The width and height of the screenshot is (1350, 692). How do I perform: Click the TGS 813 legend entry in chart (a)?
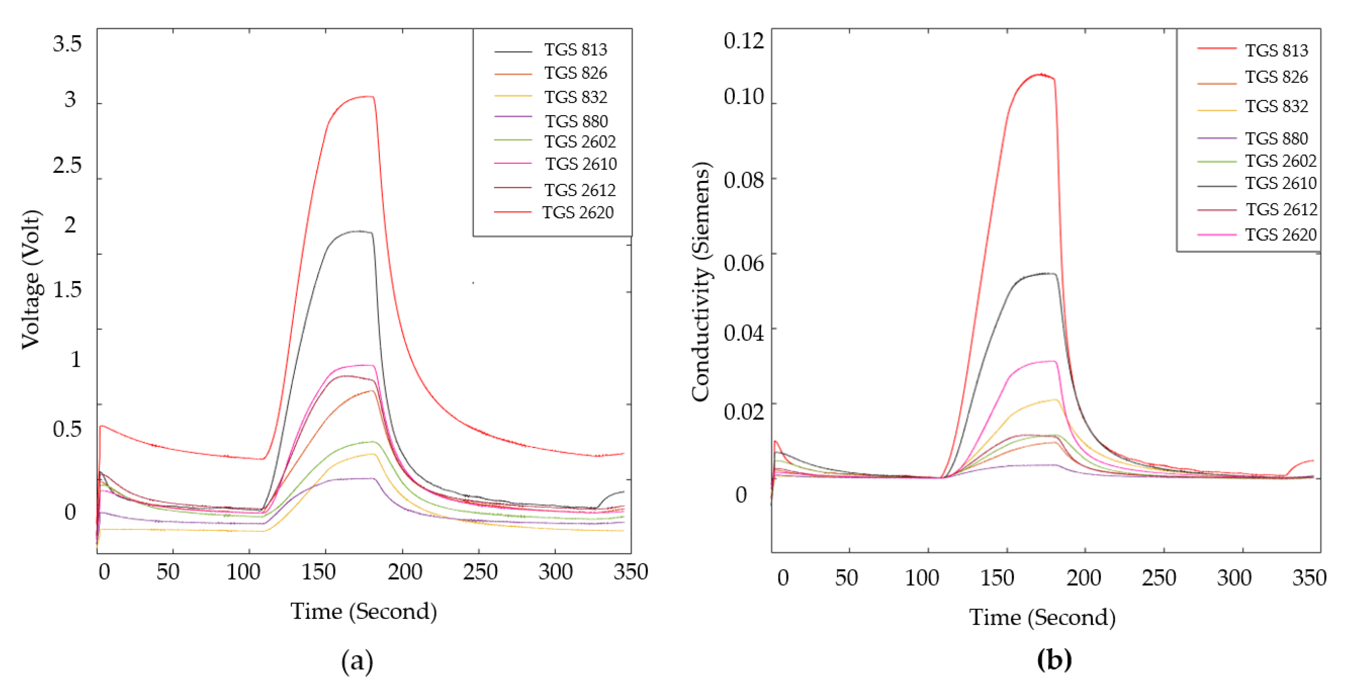(x=575, y=50)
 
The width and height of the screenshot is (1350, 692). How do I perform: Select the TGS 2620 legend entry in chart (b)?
(x=1280, y=234)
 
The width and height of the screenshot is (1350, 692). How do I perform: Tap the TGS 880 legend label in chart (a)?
(x=576, y=121)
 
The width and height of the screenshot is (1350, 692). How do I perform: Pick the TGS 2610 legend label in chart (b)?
(x=1280, y=183)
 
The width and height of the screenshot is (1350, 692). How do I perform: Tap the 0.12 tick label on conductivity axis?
(x=743, y=41)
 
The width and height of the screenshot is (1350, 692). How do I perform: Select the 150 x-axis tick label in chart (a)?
(x=319, y=572)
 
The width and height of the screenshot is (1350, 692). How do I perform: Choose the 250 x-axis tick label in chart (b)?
(x=1159, y=578)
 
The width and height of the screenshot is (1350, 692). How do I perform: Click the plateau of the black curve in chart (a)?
(x=356, y=231)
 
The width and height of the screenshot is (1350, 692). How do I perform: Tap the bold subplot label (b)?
(x=1054, y=660)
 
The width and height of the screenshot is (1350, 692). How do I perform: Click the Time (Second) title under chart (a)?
(x=363, y=611)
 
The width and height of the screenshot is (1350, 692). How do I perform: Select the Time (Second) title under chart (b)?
(x=1042, y=617)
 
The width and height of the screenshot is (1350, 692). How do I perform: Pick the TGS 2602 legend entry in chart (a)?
(x=579, y=142)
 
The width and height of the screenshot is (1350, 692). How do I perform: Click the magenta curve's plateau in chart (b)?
(x=1043, y=362)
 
